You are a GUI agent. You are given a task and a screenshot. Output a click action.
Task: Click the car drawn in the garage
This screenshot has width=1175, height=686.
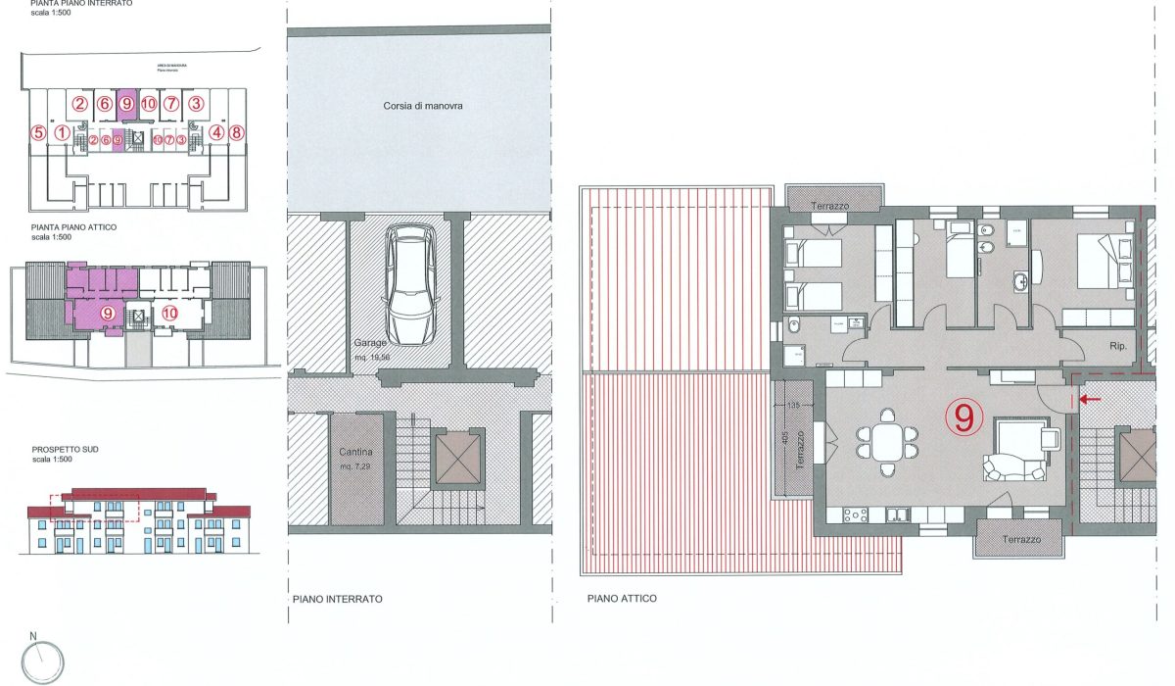[410, 285]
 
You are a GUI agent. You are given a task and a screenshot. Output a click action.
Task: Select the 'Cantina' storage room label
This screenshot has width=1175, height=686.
[354, 452]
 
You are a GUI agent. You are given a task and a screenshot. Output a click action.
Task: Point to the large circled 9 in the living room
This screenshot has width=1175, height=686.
[963, 418]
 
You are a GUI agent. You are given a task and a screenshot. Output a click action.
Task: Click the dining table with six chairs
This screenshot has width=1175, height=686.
[886, 442]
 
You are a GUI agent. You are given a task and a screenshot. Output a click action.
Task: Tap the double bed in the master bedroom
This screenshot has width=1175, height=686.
[1104, 262]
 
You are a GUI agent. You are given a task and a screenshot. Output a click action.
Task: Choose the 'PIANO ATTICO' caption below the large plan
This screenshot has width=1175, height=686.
[622, 598]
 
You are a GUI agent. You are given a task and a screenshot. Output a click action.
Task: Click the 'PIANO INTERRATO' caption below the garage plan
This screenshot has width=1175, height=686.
[337, 598]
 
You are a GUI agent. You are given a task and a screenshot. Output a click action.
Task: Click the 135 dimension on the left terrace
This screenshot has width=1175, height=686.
[794, 405]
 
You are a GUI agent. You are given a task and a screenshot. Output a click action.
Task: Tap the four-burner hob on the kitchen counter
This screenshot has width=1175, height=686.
[848, 514]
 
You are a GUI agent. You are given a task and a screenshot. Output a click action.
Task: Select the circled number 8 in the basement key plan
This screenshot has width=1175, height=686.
[234, 133]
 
